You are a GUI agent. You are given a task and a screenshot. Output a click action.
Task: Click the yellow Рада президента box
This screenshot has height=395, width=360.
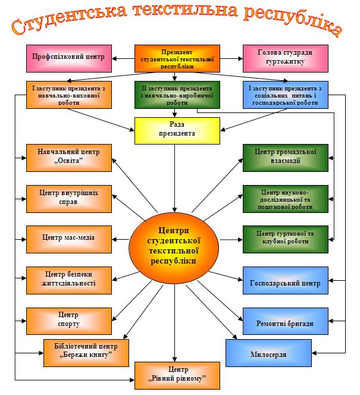coord(174,130)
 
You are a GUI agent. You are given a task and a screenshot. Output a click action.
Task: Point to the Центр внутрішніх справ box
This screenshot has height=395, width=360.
coord(68,197)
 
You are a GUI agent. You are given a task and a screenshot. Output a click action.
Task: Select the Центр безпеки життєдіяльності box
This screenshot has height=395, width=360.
coord(68,278)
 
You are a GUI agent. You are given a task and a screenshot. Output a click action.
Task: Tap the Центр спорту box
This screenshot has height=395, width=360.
coord(68,319)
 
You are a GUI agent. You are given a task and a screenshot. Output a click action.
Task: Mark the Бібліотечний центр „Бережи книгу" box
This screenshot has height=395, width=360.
coord(86,350)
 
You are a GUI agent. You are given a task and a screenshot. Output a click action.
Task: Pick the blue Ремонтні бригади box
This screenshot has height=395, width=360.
coord(285,323)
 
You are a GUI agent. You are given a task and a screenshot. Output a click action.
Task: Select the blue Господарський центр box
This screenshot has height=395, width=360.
coord(285,283)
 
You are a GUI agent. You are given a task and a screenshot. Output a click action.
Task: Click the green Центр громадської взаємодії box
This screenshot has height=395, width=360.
coord(285,156)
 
